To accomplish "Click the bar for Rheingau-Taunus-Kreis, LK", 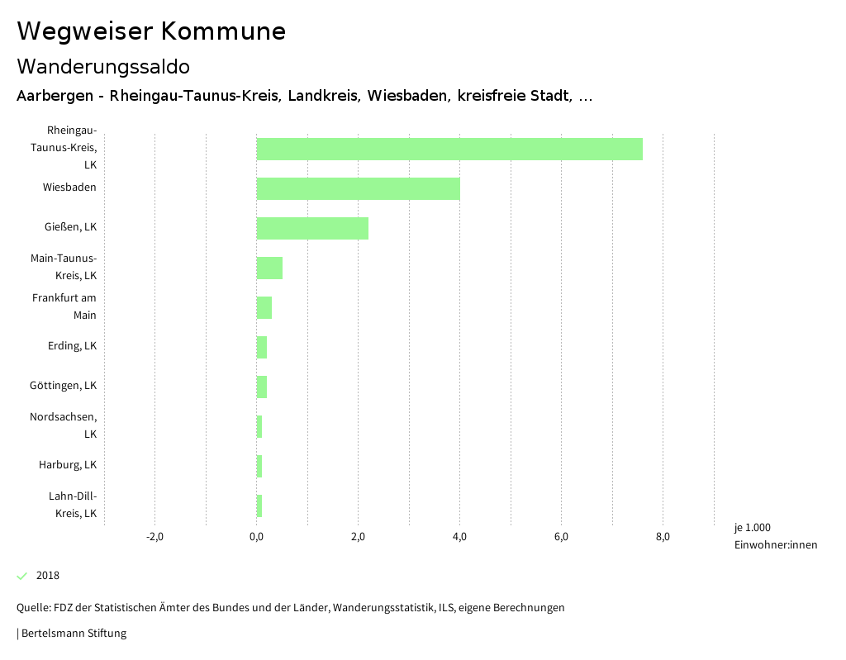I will pos(449,149).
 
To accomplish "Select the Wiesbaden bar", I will pos(358,188).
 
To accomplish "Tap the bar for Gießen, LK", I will pos(312,228).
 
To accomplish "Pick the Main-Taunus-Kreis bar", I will pos(269,268).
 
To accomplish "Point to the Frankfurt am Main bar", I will pos(264,307).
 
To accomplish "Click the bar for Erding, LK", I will pos(262,347).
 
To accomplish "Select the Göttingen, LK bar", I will pos(262,387).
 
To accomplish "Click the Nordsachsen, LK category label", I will pos(64,425).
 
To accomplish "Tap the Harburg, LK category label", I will pos(68,464).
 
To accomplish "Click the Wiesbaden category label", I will pos(69,187).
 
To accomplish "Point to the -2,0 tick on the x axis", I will pos(154,537).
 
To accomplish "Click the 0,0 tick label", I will pos(256,537).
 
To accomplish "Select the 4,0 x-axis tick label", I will pos(459,537).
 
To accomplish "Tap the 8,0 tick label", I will pos(663,537).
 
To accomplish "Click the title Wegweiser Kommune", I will pos(151,31).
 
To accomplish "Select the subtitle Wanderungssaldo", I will pos(103,66).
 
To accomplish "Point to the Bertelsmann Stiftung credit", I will pos(72,634).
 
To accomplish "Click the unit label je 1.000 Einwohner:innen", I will pos(775,536).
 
